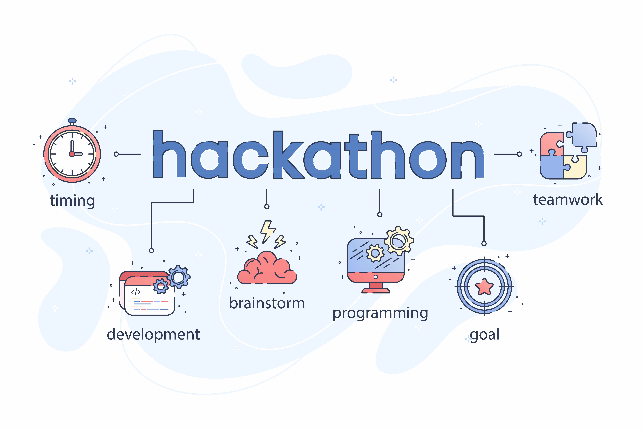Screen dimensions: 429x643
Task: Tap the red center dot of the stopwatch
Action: coord(72,154)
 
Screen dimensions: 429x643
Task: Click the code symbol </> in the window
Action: coord(136,292)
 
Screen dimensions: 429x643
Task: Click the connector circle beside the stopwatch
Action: coord(116,154)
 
